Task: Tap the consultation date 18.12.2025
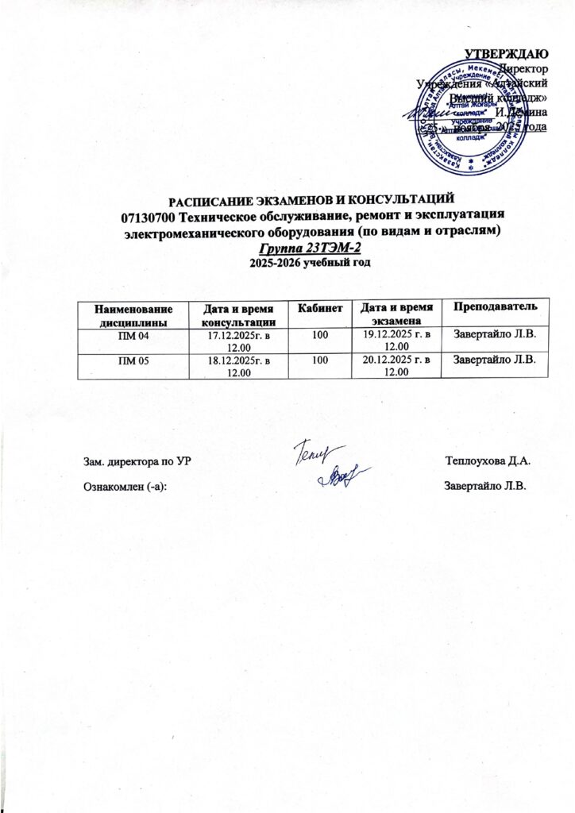(234, 362)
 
